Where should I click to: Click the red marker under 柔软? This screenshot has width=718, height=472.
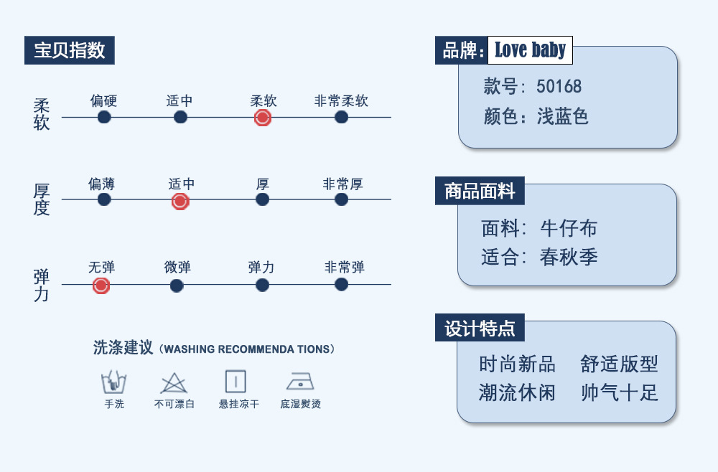[x=263, y=118]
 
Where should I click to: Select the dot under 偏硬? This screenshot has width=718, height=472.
[x=104, y=117]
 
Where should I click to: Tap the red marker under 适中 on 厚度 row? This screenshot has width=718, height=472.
[x=180, y=202]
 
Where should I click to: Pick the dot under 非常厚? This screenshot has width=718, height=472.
[x=341, y=199]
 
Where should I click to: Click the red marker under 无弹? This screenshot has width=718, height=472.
[x=101, y=285]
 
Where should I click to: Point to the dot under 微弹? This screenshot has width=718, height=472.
[x=177, y=285]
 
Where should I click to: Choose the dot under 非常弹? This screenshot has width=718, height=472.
[x=341, y=285]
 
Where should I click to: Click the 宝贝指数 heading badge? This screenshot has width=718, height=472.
[x=70, y=50]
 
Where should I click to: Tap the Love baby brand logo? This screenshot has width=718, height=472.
[x=530, y=50]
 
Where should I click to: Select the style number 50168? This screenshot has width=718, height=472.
[x=559, y=88]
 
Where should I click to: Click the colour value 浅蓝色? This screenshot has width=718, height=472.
[x=563, y=116]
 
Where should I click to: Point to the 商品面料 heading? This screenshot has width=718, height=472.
[x=480, y=191]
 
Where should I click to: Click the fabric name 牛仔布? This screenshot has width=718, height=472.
[x=569, y=228]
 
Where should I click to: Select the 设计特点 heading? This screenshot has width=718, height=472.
[x=480, y=329]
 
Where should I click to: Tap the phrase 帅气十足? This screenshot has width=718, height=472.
[x=619, y=392]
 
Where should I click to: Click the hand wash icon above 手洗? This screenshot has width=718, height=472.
[x=114, y=381]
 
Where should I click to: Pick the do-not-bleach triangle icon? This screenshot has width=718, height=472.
[x=174, y=382]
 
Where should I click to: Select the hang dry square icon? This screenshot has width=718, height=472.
[x=236, y=381]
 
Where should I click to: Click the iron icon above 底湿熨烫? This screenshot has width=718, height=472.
[x=300, y=381]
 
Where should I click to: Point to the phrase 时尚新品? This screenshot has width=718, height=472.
[x=517, y=364]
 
